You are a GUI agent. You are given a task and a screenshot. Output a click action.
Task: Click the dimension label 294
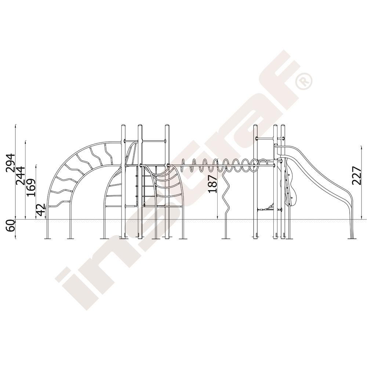tap(11, 163)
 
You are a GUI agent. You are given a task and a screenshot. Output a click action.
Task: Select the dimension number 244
tap(20, 175)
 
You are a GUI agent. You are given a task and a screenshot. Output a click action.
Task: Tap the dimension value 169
tap(31, 188)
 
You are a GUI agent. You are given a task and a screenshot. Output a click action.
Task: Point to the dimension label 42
tap(40, 210)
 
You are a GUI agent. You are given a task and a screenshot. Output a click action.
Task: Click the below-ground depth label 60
tap(10, 226)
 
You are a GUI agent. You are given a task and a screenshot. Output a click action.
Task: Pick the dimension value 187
tap(213, 184)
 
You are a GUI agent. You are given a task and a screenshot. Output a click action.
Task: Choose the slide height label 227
tap(357, 175)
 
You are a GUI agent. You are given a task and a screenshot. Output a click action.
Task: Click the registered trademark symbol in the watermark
tap(304, 81)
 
